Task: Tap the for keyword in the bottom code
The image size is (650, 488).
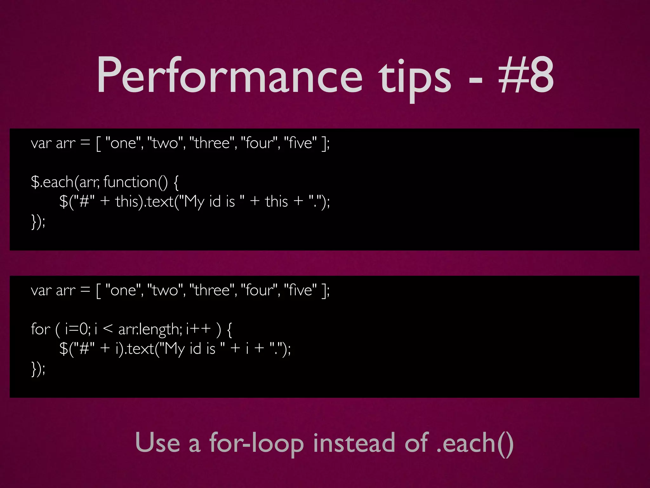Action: click(41, 329)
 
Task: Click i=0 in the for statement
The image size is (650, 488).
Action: click(77, 329)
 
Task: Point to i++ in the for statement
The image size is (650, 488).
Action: click(198, 329)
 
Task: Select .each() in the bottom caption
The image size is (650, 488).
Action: click(475, 443)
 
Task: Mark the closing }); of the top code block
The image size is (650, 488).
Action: click(38, 221)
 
